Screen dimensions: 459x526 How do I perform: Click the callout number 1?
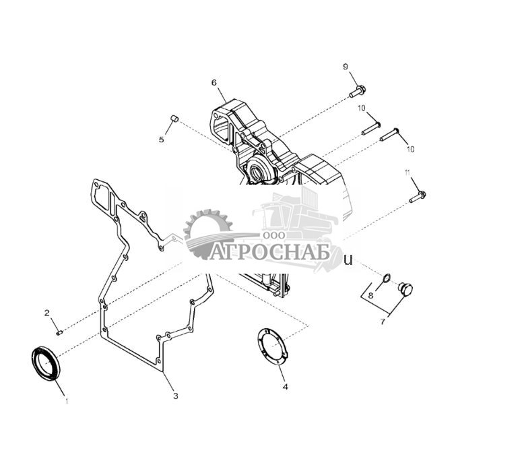(x=67, y=400)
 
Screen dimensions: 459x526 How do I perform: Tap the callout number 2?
(x=47, y=313)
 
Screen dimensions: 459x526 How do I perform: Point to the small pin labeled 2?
(x=59, y=331)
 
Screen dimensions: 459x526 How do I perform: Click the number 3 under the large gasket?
(x=175, y=396)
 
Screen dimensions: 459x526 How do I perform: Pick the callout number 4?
(x=285, y=387)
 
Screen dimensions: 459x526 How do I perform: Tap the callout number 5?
(x=162, y=140)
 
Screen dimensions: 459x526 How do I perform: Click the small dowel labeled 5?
(x=173, y=119)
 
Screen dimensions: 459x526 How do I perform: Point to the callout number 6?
(x=214, y=83)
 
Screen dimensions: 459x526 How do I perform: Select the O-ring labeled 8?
(x=385, y=279)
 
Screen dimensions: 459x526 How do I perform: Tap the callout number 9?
(x=346, y=66)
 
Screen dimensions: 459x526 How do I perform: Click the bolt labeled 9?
(x=357, y=91)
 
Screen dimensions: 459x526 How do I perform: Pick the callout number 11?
(x=407, y=173)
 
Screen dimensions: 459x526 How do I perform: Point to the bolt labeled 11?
(x=418, y=197)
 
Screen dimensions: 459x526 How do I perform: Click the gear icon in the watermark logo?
(x=207, y=233)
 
